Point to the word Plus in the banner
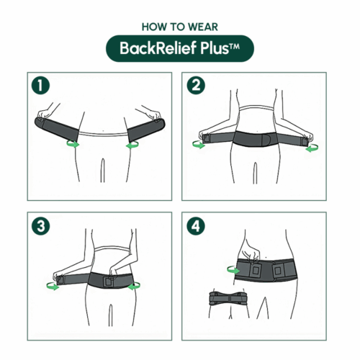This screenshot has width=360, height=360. click(x=213, y=49)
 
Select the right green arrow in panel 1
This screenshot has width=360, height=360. click(x=132, y=145)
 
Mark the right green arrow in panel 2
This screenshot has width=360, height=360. click(x=310, y=150)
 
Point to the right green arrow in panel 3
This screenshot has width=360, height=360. click(x=133, y=286)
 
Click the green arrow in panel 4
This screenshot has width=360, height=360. click(x=232, y=270)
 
